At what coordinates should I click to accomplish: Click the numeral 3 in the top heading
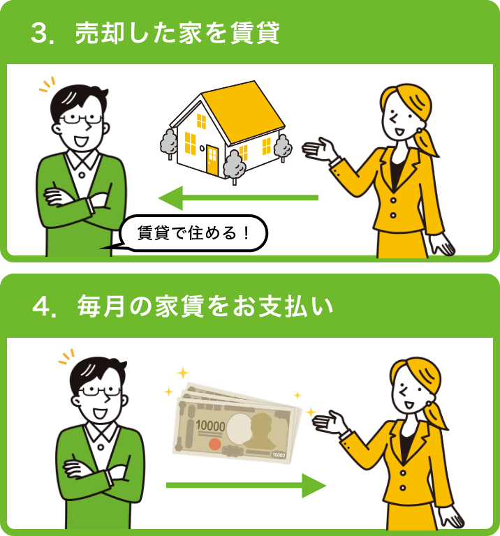coord(39,33)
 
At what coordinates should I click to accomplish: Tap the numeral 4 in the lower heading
coord(41,306)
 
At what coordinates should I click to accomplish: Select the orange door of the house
coord(212,159)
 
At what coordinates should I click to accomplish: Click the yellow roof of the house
coord(244,112)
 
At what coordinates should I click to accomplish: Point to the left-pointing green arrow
coord(238,198)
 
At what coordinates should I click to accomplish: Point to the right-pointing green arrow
coord(247,486)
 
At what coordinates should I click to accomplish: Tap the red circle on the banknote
coord(214,444)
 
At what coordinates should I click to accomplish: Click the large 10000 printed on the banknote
coord(210,426)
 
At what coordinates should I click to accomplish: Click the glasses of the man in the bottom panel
coord(100,391)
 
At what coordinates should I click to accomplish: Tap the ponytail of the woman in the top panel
coord(426,141)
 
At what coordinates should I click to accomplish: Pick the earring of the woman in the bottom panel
coord(429,404)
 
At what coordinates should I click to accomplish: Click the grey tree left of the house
coord(168,142)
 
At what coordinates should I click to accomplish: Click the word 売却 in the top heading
coord(100,33)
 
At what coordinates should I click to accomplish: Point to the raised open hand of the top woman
coord(318,149)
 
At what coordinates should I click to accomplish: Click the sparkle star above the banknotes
coord(183,373)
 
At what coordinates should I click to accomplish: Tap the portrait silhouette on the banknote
coord(263,431)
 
